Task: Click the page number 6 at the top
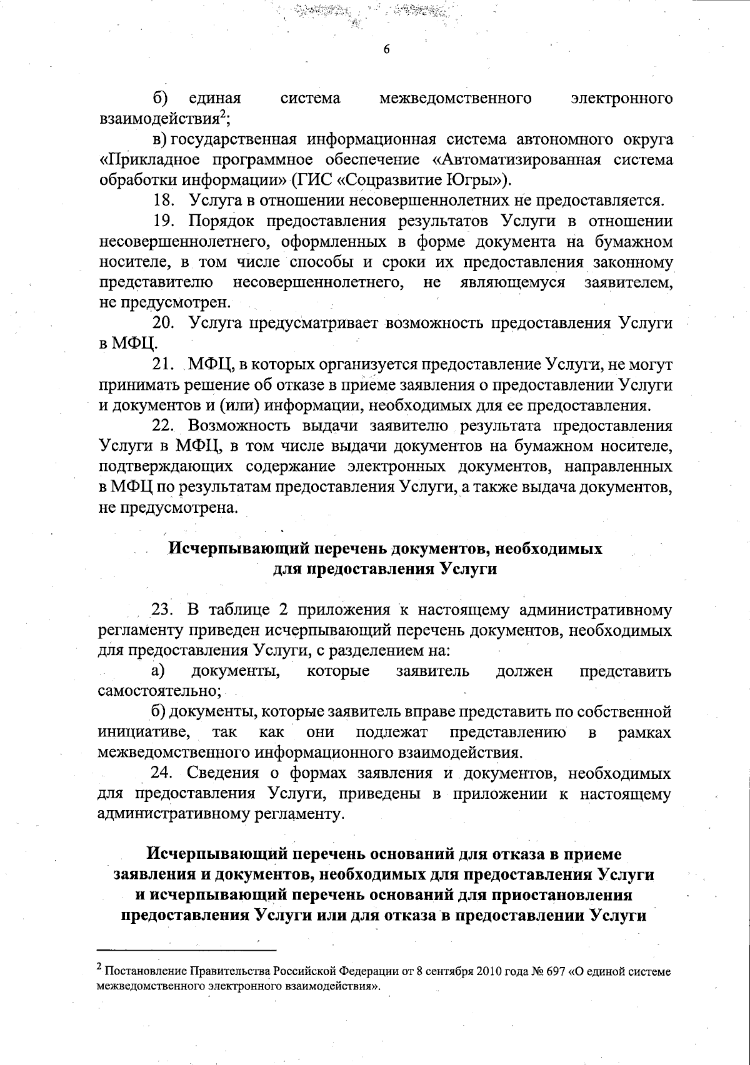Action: (x=386, y=50)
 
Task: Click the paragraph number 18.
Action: (x=164, y=201)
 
